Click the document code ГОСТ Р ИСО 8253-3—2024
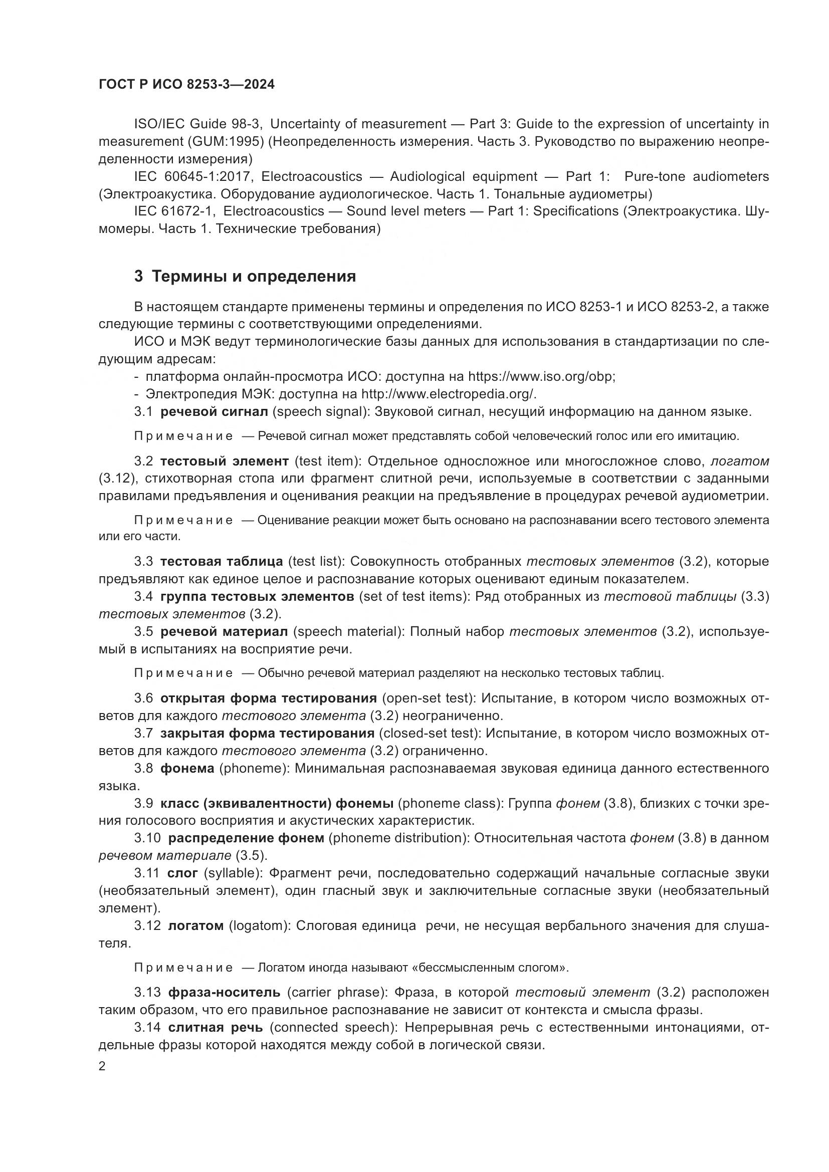click(186, 84)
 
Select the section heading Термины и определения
click(254, 277)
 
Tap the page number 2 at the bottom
click(102, 1066)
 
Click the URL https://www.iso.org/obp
click(541, 377)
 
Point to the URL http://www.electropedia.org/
click(449, 394)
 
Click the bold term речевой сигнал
click(214, 411)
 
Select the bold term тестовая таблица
click(222, 562)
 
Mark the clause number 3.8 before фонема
click(143, 768)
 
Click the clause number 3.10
click(147, 838)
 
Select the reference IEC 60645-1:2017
click(194, 176)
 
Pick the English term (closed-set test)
click(430, 734)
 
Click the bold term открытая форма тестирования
click(269, 698)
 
